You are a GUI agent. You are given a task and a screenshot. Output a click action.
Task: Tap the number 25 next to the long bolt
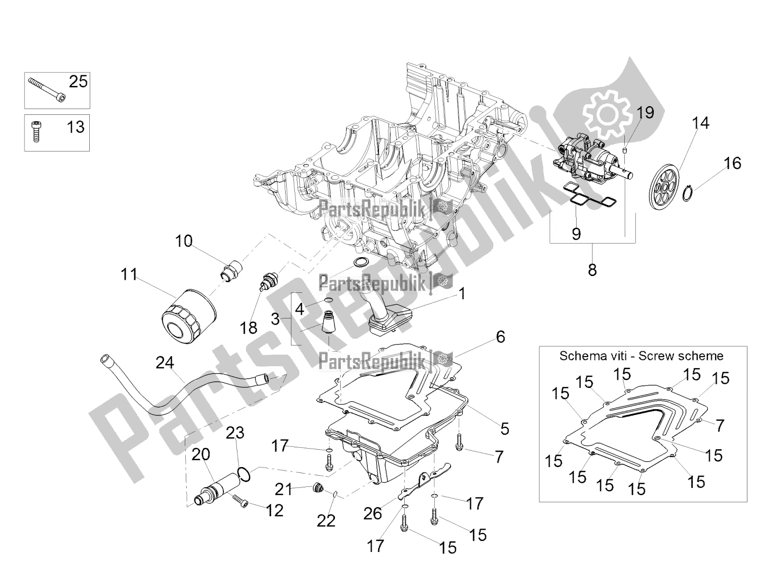point(78,82)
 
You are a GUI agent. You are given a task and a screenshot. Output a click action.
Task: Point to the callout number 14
point(701,124)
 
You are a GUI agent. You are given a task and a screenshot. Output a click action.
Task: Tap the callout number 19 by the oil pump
point(645,113)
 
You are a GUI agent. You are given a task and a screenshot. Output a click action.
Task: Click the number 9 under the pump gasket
point(576,234)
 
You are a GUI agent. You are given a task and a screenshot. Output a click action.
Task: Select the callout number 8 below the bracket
point(592,270)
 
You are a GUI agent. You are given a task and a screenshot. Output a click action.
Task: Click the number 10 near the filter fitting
point(183,241)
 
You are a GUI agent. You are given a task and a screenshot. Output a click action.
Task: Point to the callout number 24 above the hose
point(165,362)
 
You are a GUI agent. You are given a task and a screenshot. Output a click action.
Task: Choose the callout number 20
point(201,454)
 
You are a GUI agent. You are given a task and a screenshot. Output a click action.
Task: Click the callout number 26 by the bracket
point(373,514)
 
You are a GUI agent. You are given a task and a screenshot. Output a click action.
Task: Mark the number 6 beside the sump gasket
point(500,337)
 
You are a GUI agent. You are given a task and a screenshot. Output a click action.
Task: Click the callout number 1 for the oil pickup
point(462,293)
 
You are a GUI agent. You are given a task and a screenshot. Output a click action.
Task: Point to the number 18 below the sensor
point(249,329)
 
